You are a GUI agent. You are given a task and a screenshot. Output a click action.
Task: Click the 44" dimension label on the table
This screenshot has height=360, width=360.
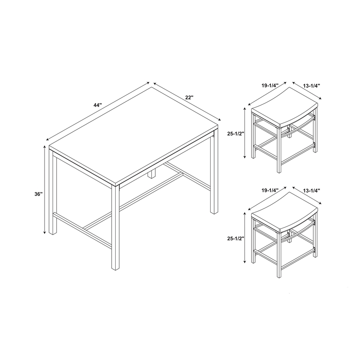pos(98,105)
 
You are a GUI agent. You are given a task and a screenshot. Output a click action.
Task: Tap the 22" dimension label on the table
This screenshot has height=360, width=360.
pos(189,97)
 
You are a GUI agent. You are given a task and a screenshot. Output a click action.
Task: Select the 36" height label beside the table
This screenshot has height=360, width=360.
pos(39,194)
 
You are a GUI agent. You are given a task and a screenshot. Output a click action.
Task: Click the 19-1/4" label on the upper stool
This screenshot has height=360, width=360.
pos(270,85)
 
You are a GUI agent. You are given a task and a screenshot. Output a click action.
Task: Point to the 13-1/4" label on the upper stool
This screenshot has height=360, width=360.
pos(311,85)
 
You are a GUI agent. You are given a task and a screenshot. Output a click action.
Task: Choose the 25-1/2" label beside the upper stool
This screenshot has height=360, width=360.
pos(235,134)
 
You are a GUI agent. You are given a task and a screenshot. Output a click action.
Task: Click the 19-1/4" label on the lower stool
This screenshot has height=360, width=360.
pos(270,190)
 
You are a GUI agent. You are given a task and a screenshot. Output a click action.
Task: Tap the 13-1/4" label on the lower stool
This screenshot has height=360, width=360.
pos(311,190)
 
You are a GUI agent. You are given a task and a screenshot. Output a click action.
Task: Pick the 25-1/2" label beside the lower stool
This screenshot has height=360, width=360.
pos(235,238)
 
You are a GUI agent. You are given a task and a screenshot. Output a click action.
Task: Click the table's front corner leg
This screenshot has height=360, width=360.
pos(115,227)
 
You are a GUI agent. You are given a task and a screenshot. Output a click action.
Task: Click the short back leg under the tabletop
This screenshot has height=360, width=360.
pos(152,174)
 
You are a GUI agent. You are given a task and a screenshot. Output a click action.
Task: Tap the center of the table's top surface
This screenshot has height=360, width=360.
pos(134,135)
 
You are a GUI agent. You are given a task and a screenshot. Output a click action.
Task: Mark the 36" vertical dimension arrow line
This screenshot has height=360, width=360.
pos(44,190)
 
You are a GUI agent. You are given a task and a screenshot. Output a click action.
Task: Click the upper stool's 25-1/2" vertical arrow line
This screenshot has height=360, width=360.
pos(245,133)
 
